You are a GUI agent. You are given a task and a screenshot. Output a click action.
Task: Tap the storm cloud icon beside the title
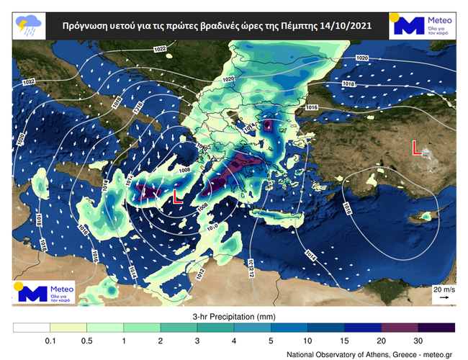pyautogui.click(x=27, y=26)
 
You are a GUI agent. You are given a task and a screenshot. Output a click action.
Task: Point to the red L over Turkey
pyautogui.click(x=416, y=148)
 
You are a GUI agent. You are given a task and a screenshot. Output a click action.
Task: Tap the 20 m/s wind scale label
pyautogui.click(x=443, y=289)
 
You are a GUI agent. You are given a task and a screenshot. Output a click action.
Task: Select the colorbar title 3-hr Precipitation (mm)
pyautogui.click(x=234, y=316)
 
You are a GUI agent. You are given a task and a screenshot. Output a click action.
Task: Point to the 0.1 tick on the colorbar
pyautogui.click(x=49, y=340)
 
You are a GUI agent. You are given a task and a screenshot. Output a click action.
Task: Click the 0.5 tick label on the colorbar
pyautogui.click(x=86, y=340)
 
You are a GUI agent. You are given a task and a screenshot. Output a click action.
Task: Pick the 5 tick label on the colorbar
pyautogui.click(x=271, y=340)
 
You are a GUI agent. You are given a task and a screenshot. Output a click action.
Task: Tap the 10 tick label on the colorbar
pyautogui.click(x=307, y=340)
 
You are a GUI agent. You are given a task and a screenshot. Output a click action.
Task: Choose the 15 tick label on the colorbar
pyautogui.click(x=344, y=340)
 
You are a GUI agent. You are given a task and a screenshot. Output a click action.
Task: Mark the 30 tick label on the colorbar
pyautogui.click(x=418, y=340)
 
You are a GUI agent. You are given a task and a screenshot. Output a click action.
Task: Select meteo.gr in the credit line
pyautogui.click(x=437, y=354)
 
